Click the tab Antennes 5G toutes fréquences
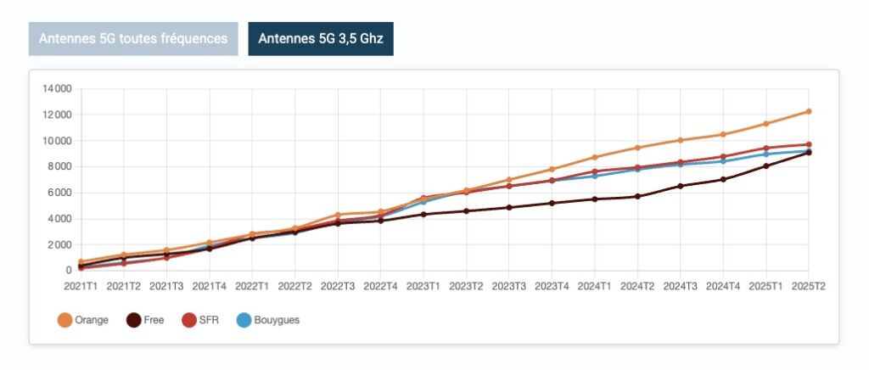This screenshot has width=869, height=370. (x=133, y=39)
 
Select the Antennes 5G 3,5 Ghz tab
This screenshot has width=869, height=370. (x=320, y=39)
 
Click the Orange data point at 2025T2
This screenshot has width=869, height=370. (x=809, y=111)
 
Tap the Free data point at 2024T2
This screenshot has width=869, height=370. (x=637, y=196)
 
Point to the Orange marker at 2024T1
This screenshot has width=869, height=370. (x=595, y=157)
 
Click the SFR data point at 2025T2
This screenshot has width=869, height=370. (x=809, y=144)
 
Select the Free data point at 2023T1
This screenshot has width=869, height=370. (x=423, y=214)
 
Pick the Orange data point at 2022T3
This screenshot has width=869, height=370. (x=338, y=215)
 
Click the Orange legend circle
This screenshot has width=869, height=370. (x=64, y=320)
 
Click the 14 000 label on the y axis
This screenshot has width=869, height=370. (x=53, y=88)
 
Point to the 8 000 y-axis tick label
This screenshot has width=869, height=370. (x=56, y=166)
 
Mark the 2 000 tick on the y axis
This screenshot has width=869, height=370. (x=56, y=244)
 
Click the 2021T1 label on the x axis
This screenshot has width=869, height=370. (x=81, y=287)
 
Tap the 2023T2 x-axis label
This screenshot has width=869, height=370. (x=466, y=287)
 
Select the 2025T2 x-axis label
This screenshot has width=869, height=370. (x=808, y=287)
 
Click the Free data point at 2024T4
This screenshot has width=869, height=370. (x=723, y=179)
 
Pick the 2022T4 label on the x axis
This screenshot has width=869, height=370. (x=380, y=287)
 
